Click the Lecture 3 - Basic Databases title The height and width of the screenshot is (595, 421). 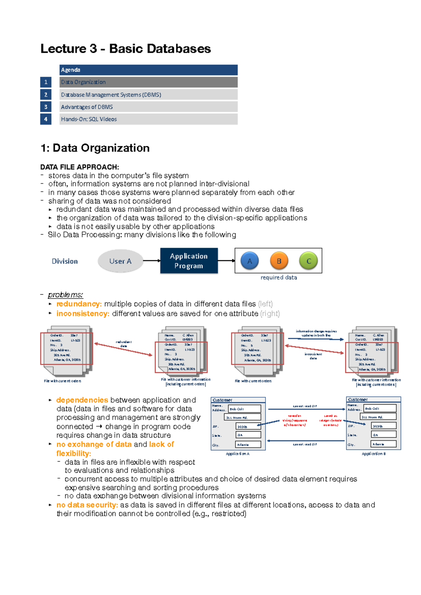click(x=126, y=49)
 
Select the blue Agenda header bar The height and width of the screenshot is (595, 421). click(x=148, y=70)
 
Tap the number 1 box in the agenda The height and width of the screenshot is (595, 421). click(x=46, y=82)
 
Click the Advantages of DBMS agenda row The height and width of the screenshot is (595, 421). click(x=148, y=107)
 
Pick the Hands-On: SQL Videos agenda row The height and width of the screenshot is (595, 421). click(x=148, y=119)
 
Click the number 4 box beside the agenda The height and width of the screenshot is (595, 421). click(x=46, y=119)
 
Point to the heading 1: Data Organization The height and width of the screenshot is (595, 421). click(x=95, y=148)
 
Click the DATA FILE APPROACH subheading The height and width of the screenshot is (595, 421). click(x=80, y=167)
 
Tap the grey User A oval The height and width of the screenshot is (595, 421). click(x=120, y=261)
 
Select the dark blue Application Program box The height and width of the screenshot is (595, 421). click(x=189, y=261)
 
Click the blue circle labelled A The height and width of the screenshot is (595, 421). click(x=249, y=261)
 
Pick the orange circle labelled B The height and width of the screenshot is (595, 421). click(x=279, y=261)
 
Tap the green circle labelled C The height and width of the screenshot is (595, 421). click(x=308, y=261)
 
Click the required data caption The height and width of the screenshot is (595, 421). click(x=279, y=278)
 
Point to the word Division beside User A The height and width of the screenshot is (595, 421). click(x=65, y=261)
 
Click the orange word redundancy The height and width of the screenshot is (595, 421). click(x=79, y=304)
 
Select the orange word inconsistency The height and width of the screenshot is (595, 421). click(x=83, y=314)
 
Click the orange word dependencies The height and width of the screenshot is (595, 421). click(x=82, y=400)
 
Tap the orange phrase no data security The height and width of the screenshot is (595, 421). click(x=87, y=505)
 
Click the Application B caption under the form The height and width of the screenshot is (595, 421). click(x=373, y=454)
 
